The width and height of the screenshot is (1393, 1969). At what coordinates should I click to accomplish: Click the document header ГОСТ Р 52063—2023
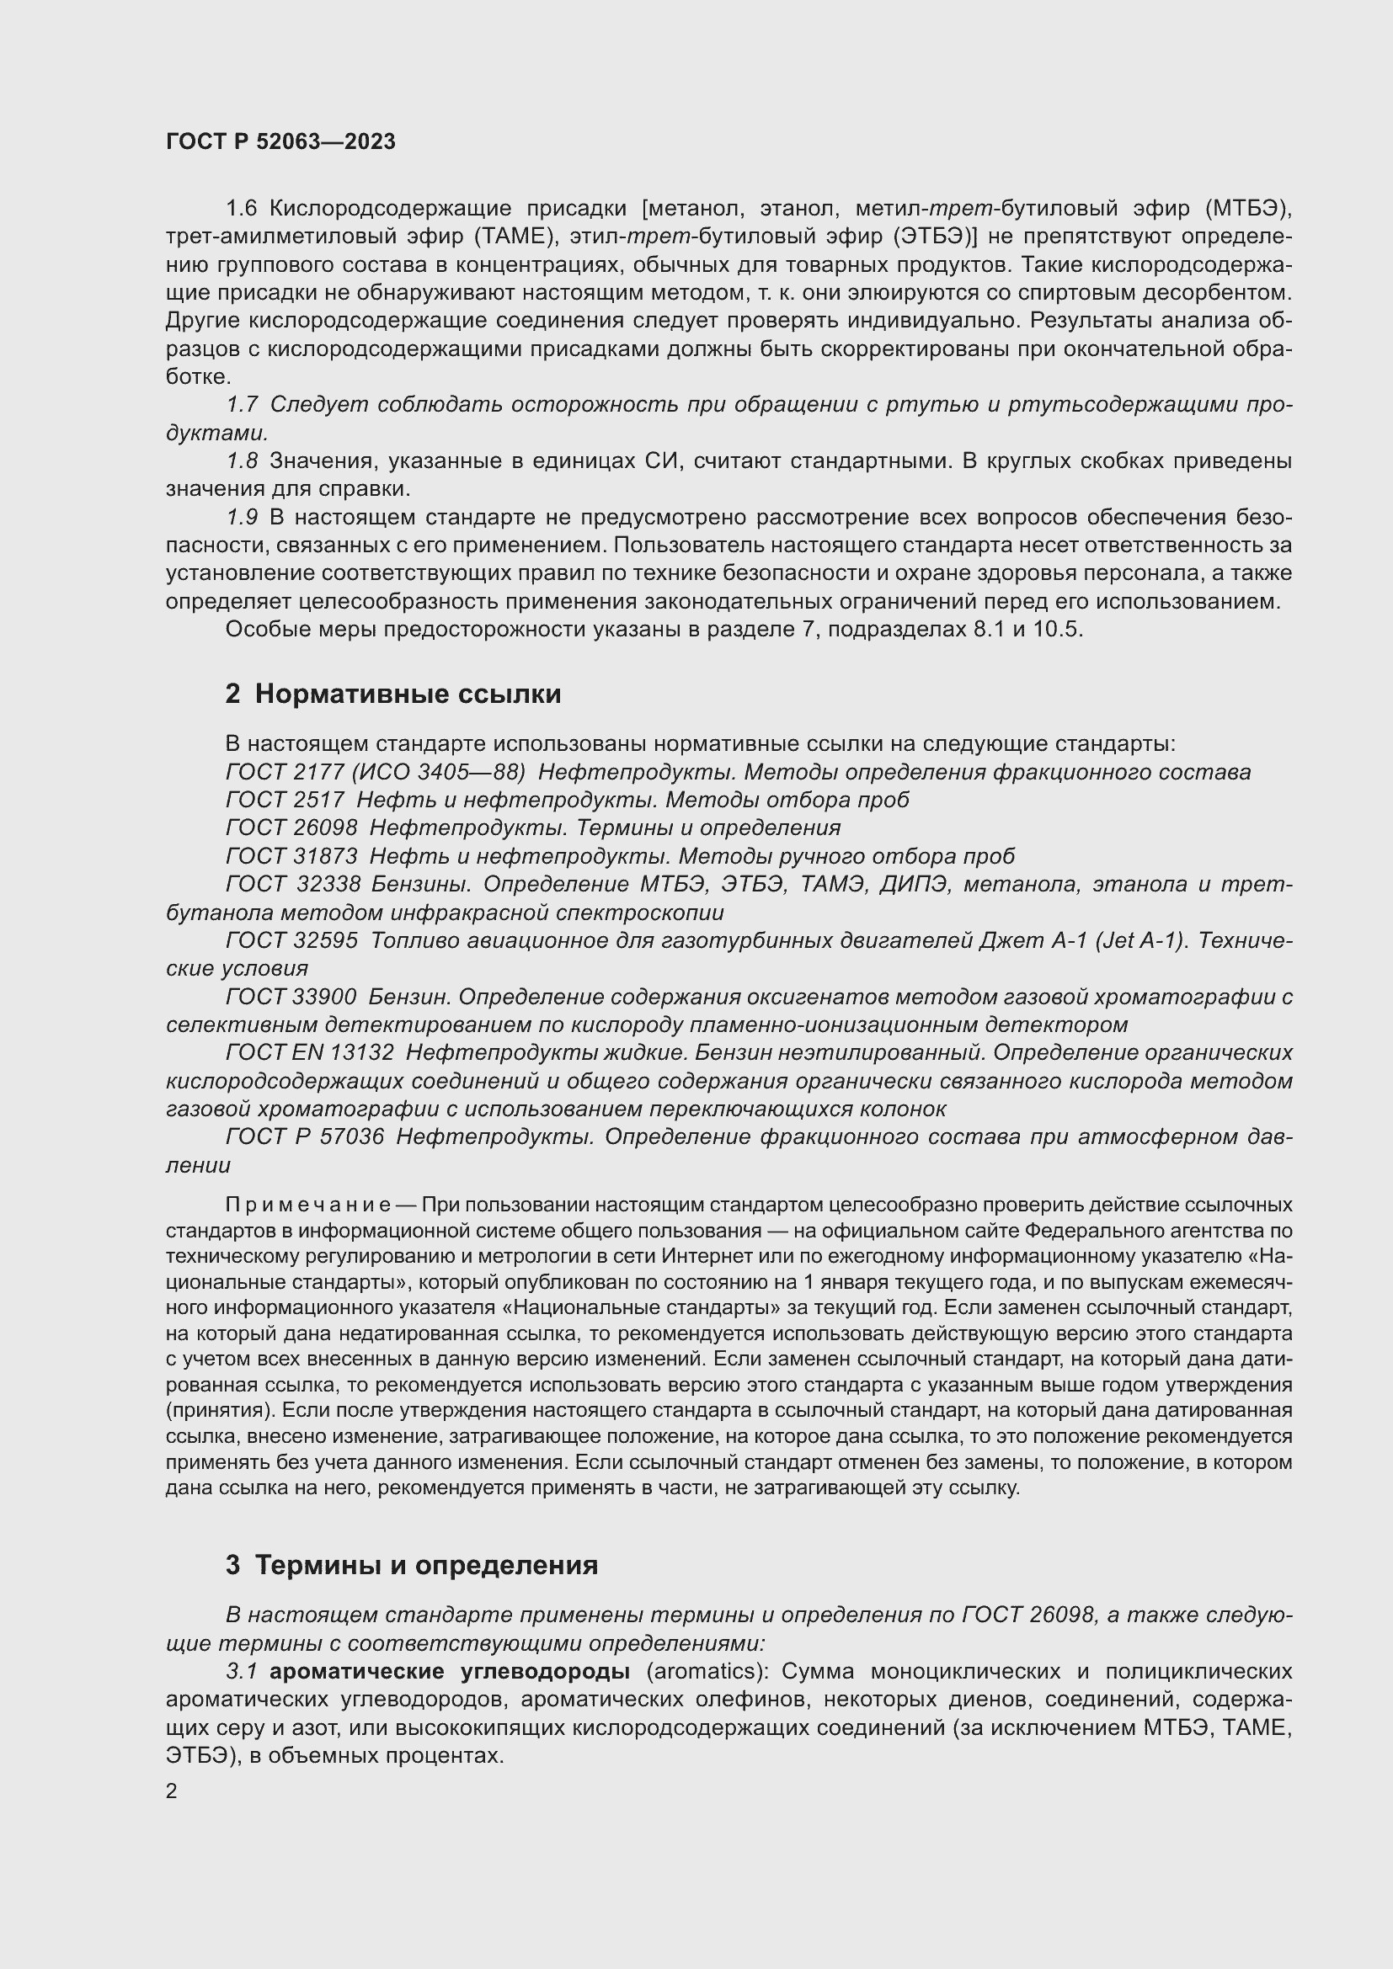click(x=280, y=141)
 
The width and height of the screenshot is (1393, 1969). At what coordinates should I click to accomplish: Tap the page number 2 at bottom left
click(x=172, y=1791)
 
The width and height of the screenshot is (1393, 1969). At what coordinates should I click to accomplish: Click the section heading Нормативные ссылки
click(x=408, y=694)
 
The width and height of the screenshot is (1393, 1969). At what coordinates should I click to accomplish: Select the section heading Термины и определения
click(x=426, y=1565)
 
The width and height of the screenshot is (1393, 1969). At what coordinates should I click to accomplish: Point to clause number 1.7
click(x=242, y=405)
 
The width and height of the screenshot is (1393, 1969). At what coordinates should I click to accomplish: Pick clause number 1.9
click(x=242, y=517)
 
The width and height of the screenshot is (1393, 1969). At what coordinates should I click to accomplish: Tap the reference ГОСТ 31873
click(x=291, y=856)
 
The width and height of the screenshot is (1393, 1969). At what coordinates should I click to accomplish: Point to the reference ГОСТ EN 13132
click(x=310, y=1052)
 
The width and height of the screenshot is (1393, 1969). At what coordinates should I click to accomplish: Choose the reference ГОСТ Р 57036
click(x=305, y=1137)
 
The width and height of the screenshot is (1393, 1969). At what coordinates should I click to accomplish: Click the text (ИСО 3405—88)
click(x=438, y=772)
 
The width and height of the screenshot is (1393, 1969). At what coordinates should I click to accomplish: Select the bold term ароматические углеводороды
click(x=450, y=1672)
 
